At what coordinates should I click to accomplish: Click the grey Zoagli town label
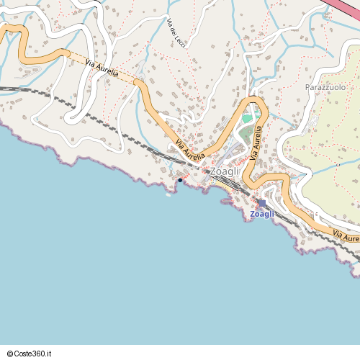[x=224, y=172]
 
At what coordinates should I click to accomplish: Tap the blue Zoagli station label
[x=262, y=214]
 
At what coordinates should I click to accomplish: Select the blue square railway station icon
[x=262, y=204]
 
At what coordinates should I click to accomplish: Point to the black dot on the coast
[x=180, y=180]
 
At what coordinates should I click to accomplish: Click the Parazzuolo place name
[x=325, y=87]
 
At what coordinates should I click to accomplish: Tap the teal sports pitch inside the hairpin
[x=248, y=117]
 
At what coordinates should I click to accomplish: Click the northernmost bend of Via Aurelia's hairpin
[x=253, y=99]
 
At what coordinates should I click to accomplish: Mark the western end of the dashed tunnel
[x=66, y=53]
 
